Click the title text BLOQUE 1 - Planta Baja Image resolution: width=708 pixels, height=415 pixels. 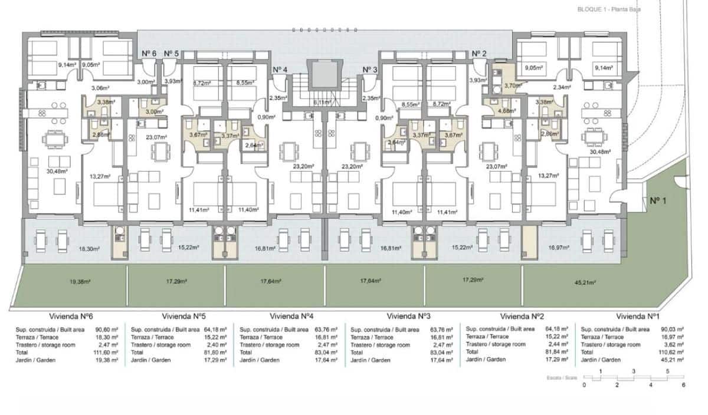609,9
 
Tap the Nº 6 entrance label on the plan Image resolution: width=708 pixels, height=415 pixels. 149,54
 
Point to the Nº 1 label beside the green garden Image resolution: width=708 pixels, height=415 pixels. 658,201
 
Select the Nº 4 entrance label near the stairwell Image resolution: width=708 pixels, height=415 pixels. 280,70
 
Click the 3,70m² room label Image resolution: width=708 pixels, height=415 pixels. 510,85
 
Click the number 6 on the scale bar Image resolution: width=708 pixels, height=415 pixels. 683,384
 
